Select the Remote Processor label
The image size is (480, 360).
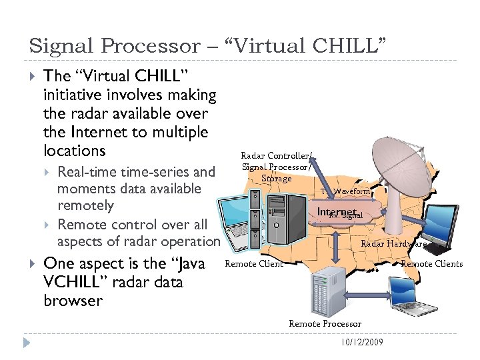pos(325,323)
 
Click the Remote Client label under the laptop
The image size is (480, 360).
pos(254,263)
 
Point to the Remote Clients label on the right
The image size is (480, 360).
pos(431,263)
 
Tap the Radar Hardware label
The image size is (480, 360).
pos(393,243)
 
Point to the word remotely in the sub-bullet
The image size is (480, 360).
pos(85,206)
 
